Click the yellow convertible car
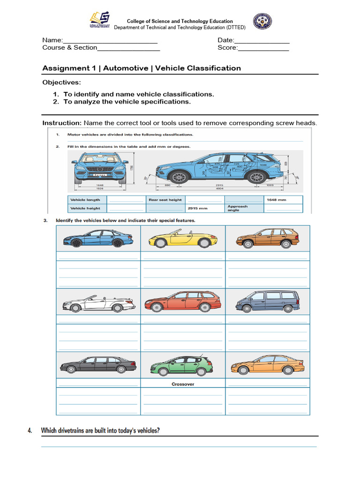182,239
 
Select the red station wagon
183,301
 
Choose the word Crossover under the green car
183,384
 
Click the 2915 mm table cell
204,208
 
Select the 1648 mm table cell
283,200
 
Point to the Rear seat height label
165,200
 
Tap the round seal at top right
262,21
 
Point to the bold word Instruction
62,123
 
